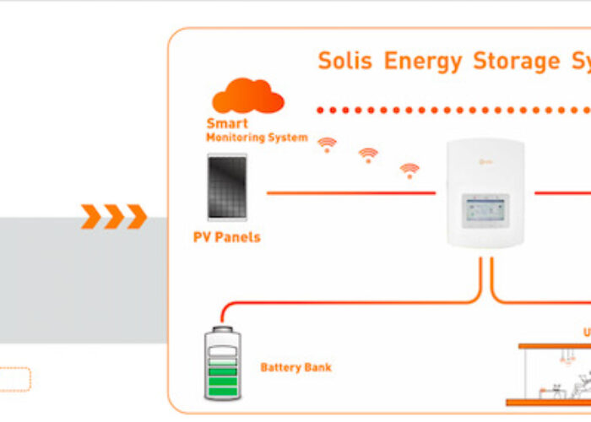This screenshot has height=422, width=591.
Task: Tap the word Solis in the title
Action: tap(345, 62)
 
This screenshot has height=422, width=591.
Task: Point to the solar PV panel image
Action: tap(227, 187)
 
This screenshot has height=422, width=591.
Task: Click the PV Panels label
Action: tap(227, 237)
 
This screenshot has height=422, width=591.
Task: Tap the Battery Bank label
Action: tap(295, 367)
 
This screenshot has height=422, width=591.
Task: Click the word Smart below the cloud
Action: tap(227, 124)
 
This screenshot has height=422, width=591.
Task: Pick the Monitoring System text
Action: tap(257, 137)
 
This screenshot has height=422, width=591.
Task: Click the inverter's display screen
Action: tap(485, 213)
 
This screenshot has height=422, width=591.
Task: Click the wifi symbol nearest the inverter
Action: tap(409, 170)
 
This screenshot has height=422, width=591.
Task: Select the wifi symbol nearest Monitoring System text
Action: tap(328, 144)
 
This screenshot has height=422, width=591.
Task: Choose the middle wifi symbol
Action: tap(368, 155)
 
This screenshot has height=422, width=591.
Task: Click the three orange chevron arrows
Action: tap(114, 217)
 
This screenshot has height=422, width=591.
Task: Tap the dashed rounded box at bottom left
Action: tap(15, 379)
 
